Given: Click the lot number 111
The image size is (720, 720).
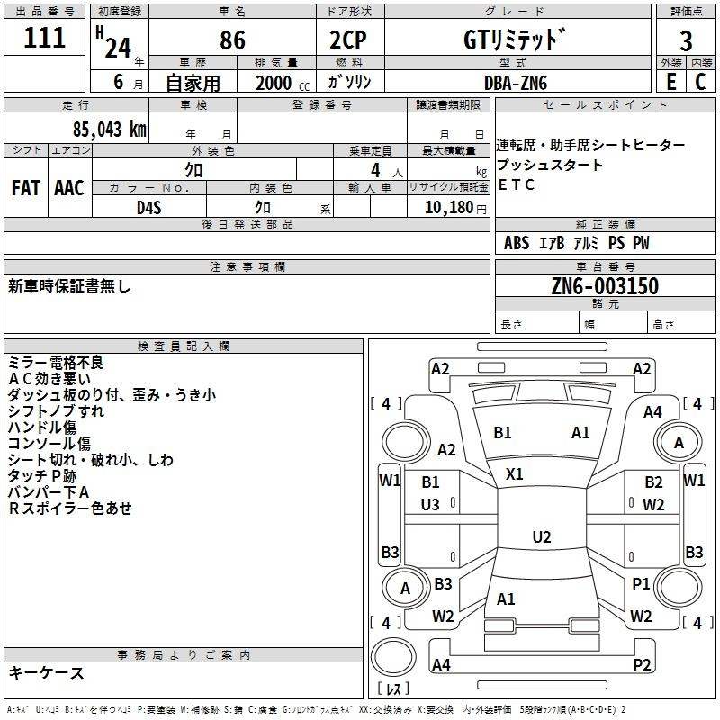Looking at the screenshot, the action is coord(44,38).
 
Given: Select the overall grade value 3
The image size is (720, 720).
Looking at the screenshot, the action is coord(686,41).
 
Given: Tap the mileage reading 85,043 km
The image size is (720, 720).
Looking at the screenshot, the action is coord(109,130).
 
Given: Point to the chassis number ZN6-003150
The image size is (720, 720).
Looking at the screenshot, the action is coord(605,286).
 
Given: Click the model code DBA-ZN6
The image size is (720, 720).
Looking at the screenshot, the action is coord(516,83).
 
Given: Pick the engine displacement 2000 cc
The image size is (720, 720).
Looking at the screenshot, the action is coord(283,83).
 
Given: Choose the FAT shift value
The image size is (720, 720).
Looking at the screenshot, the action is coord(26,188).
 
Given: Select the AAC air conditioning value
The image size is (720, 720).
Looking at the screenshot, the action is coord(69,188).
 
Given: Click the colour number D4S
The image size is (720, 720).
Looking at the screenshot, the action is coord(149,208).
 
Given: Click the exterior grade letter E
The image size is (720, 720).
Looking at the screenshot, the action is coord(670,82).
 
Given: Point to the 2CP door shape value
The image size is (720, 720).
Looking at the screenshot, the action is coord(348,40).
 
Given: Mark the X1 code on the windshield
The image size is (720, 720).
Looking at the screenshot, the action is coord(514,474).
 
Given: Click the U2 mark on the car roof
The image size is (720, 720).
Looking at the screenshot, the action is coord(542,536).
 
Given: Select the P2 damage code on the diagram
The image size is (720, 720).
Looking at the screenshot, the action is coord(642,664).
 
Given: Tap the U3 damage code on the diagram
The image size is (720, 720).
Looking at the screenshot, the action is coord(430,505).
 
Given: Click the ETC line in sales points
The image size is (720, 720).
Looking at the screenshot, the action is coord(516,184).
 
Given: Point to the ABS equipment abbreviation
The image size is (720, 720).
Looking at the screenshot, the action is coord(517,243).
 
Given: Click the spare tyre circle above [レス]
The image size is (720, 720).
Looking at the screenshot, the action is coord(393,657).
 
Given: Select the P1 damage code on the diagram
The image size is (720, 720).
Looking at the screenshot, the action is coord(641,583).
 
